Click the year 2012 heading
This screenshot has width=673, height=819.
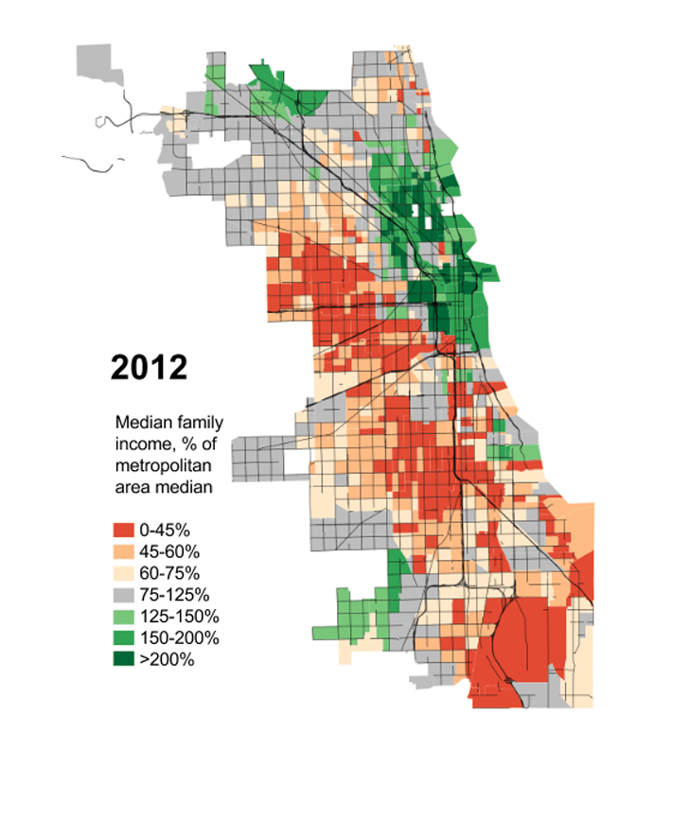[149, 366]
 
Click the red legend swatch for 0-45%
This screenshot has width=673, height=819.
[124, 530]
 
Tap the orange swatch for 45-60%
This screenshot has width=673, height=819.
[124, 551]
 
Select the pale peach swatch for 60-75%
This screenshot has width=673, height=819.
[124, 573]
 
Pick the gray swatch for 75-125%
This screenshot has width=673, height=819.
[124, 595]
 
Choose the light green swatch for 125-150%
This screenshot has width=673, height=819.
[124, 617]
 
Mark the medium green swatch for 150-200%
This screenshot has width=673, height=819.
[124, 638]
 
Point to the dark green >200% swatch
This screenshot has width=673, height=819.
[124, 660]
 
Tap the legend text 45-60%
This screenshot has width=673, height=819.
[167, 551]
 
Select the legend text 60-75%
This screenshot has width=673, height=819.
[167, 573]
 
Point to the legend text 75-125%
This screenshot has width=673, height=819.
[171, 595]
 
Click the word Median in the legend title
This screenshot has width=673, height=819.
[140, 423]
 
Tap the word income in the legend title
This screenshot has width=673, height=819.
[138, 444]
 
